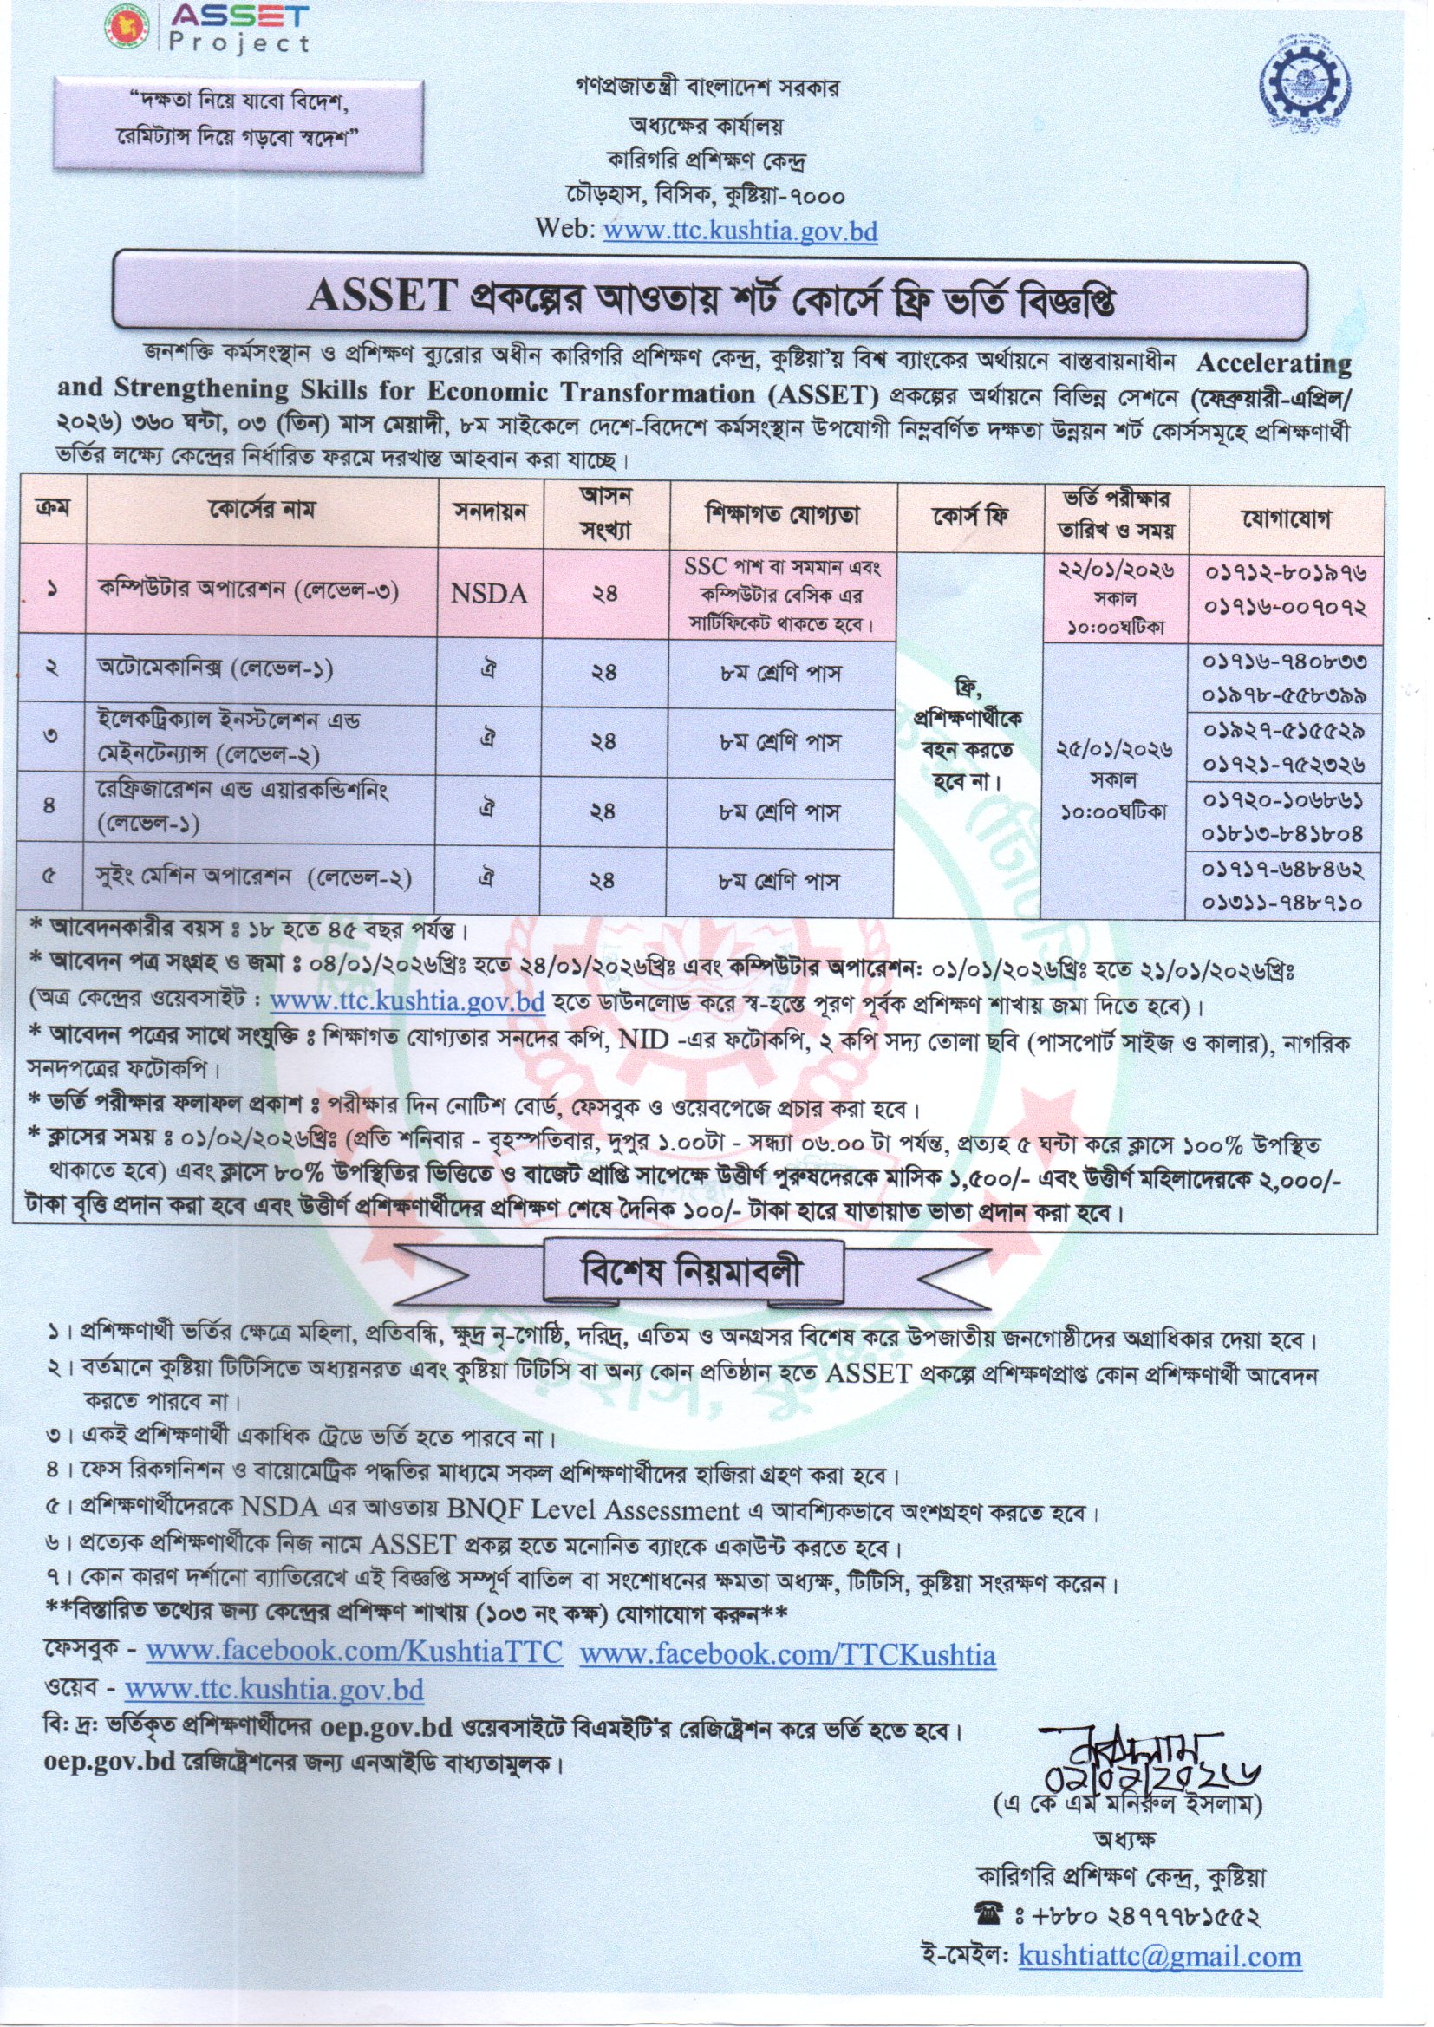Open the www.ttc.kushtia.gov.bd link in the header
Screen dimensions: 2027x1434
point(739,231)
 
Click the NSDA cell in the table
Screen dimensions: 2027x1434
point(490,593)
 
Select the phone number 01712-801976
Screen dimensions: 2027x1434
point(1285,573)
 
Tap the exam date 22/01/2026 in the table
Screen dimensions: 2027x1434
point(1116,571)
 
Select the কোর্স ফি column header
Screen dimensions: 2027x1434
point(969,514)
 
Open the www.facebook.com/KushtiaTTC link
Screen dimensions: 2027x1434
point(353,1652)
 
